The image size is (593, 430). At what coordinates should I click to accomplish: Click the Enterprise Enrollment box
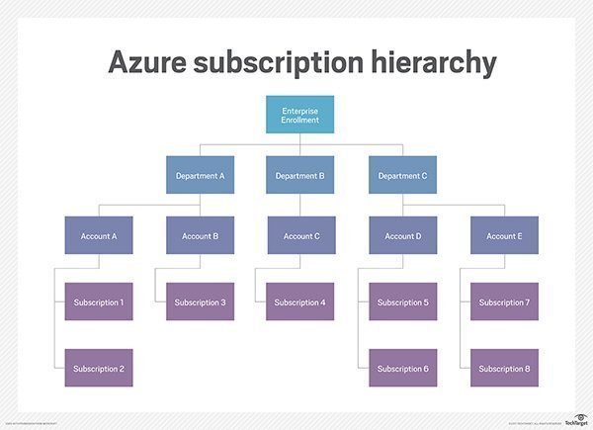point(298,114)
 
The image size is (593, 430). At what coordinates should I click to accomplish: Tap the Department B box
point(299,176)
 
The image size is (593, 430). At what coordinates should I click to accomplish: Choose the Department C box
point(402,176)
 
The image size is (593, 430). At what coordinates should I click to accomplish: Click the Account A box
point(98,236)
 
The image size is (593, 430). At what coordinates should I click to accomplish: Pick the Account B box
point(201,236)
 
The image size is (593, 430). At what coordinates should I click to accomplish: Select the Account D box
point(403,236)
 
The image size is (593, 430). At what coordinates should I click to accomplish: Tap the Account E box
point(505,236)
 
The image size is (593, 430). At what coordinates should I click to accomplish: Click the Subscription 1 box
point(98,301)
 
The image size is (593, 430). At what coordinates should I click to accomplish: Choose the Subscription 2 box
point(98,368)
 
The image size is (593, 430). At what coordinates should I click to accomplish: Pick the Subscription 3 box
point(201,301)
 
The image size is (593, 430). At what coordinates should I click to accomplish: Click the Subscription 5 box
point(403,301)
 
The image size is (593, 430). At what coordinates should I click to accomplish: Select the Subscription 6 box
point(403,368)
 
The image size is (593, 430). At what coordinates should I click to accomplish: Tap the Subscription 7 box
point(505,301)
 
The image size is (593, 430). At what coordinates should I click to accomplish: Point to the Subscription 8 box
point(505,368)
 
